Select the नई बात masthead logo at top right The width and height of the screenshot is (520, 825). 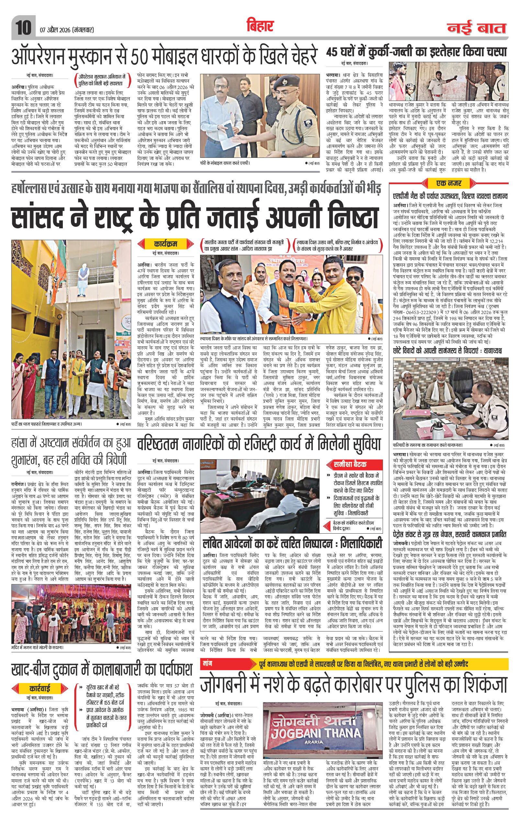[x=477, y=28]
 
